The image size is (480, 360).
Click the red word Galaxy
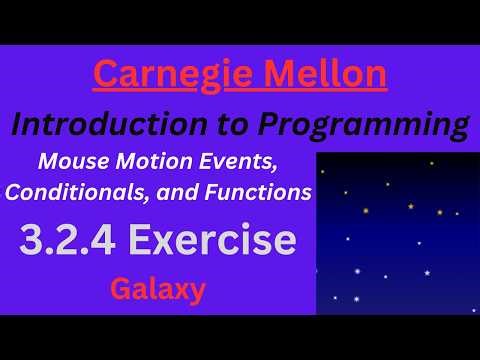(158, 290)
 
